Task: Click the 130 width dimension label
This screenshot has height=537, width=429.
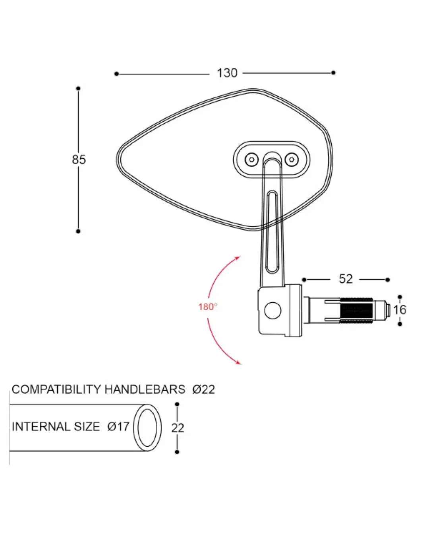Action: point(227,73)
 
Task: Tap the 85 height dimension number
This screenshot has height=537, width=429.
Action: point(79,160)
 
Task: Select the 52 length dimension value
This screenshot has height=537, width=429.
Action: point(346,279)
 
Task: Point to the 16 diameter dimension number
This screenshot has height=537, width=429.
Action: point(400,310)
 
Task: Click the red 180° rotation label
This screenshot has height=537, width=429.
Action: point(208,307)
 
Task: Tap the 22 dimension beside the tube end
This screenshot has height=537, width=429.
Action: point(178,428)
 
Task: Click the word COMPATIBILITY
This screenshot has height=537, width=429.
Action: point(56,389)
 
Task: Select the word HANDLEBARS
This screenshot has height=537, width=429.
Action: point(145,389)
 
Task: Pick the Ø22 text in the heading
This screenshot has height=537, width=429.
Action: point(203,389)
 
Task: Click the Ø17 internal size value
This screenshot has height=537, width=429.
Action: point(118,427)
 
